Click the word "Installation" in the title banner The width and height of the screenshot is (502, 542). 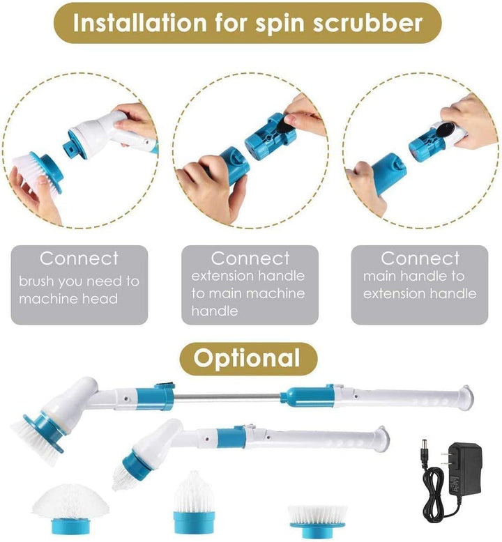click(x=139, y=23)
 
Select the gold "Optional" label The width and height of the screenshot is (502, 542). click(x=248, y=359)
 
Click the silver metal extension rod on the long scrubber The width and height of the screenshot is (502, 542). click(x=227, y=398)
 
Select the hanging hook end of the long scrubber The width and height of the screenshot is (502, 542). click(x=466, y=397)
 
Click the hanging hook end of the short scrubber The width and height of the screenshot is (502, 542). click(x=383, y=439)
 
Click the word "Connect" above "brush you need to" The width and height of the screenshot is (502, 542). click(x=79, y=258)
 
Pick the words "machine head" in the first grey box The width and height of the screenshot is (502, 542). click(x=68, y=299)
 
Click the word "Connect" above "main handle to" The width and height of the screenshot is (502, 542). click(x=420, y=258)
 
